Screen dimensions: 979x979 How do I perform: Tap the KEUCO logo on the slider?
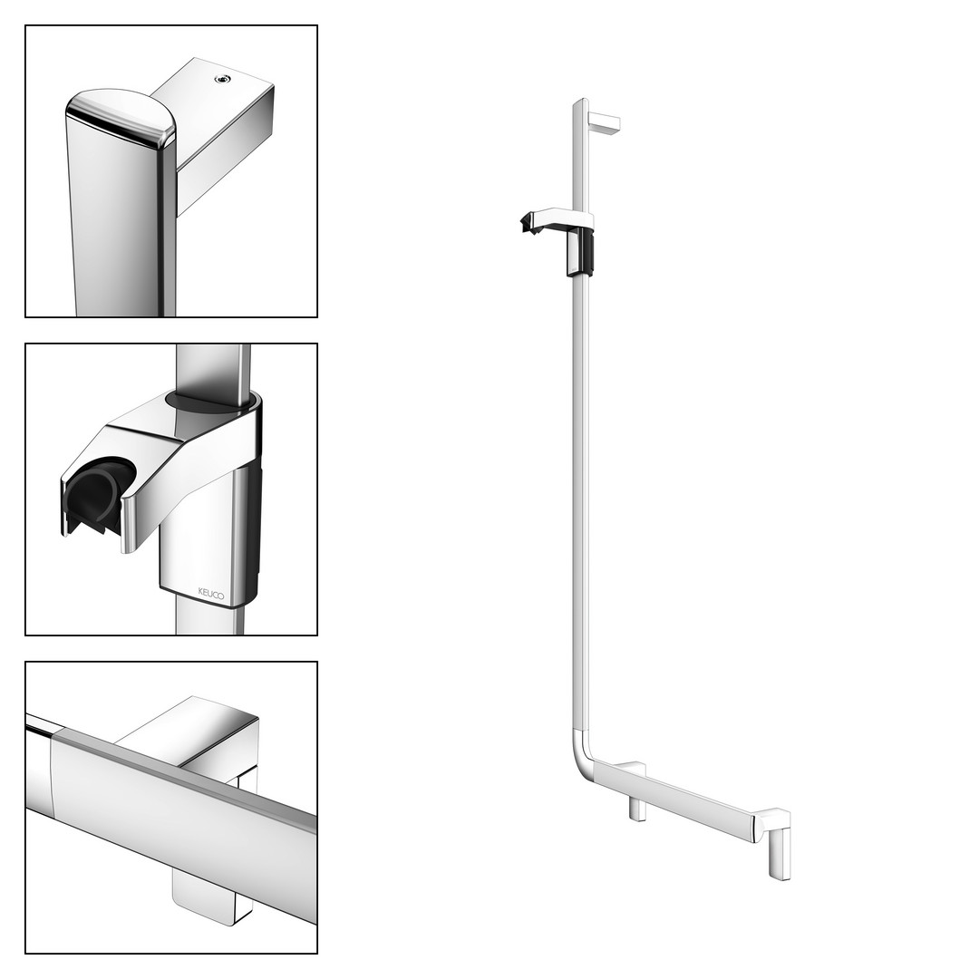click(211, 593)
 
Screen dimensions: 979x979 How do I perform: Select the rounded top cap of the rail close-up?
click(121, 117)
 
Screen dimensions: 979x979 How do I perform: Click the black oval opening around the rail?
click(212, 402)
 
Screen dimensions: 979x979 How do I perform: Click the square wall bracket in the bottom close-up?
click(206, 737)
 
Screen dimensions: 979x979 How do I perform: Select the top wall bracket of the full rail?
click(605, 122)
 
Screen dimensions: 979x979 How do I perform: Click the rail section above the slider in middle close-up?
click(214, 368)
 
